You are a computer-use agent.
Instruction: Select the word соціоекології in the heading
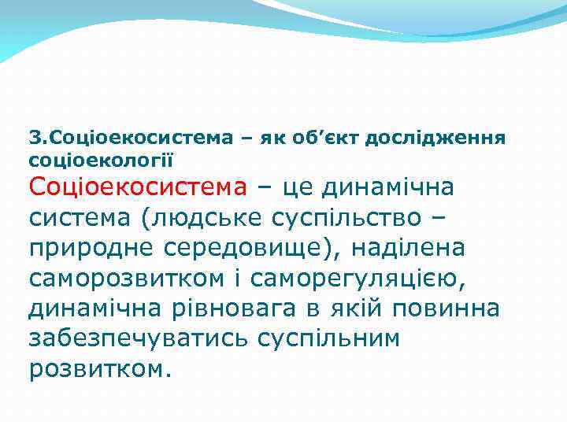click(101, 159)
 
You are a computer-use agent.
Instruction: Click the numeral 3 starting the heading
click(33, 138)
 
